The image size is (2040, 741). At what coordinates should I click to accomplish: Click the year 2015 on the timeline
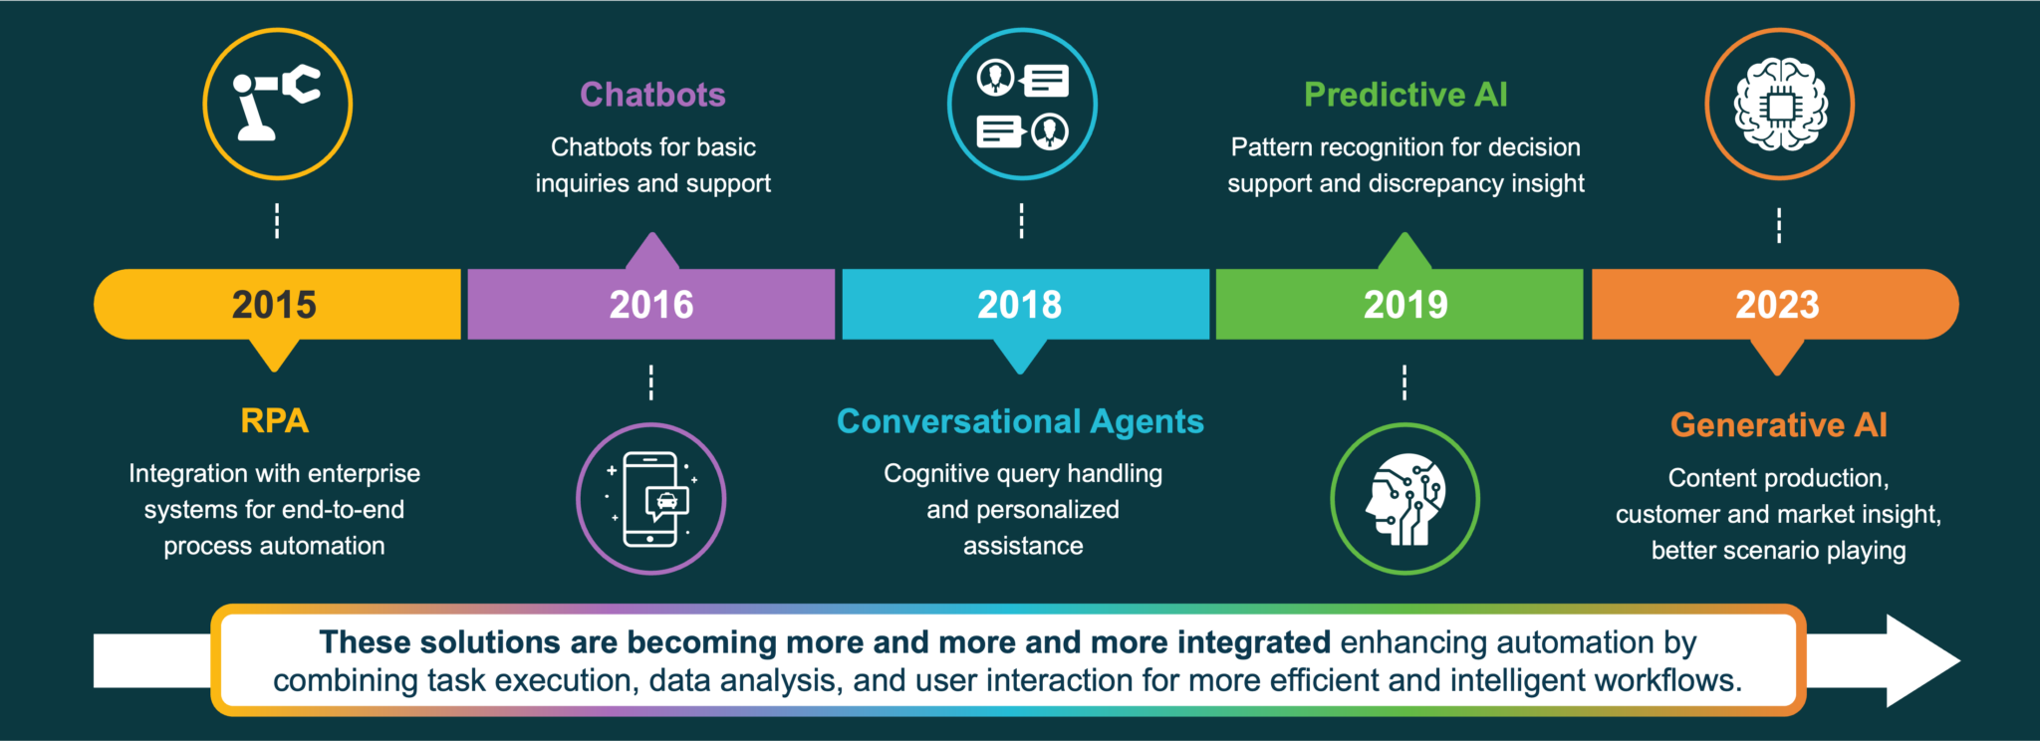pyautogui.click(x=274, y=305)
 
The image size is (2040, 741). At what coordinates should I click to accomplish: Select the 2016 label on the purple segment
pyautogui.click(x=651, y=305)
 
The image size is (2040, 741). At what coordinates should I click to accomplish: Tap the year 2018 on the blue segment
pyautogui.click(x=1019, y=305)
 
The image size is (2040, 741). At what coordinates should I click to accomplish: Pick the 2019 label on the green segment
pyautogui.click(x=1405, y=305)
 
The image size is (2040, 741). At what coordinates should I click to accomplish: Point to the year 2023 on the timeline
pyautogui.click(x=1777, y=305)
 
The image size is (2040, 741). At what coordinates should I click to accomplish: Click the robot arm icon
pyautogui.click(x=277, y=104)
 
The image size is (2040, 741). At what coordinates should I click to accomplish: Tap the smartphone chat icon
pyautogui.click(x=651, y=499)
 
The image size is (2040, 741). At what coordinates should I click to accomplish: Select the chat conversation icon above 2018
pyautogui.click(x=1022, y=104)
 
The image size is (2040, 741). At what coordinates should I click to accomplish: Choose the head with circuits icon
pyautogui.click(x=1404, y=499)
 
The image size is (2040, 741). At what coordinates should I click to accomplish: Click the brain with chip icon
pyautogui.click(x=1780, y=104)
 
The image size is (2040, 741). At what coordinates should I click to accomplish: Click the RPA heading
pyautogui.click(x=274, y=420)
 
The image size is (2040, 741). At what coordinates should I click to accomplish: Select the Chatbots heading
pyautogui.click(x=652, y=95)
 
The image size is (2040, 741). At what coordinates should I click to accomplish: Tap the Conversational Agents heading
pyautogui.click(x=1020, y=421)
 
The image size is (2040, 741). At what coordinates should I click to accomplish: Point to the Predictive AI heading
pyautogui.click(x=1405, y=95)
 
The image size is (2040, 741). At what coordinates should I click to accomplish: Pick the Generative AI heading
pyautogui.click(x=1778, y=425)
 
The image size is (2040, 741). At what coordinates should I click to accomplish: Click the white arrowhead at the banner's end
pyautogui.click(x=1922, y=660)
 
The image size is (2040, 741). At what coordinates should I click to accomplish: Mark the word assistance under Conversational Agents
pyautogui.click(x=1023, y=546)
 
